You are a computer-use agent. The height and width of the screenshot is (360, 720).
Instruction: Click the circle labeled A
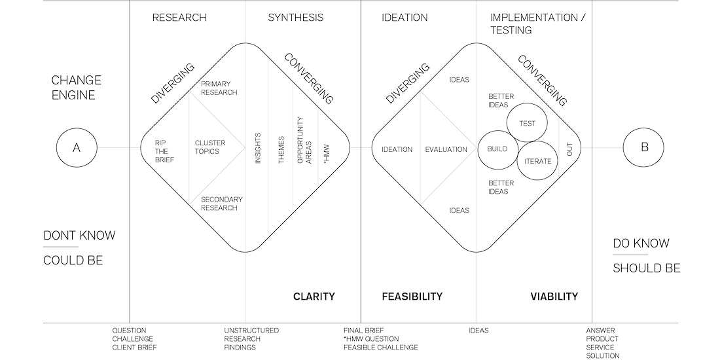[77, 148]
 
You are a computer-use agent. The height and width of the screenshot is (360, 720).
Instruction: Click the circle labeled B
[644, 148]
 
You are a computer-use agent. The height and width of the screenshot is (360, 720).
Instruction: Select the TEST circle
[527, 123]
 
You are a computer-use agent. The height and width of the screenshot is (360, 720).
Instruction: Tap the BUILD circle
[497, 149]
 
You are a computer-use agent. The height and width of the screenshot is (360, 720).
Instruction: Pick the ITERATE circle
[537, 161]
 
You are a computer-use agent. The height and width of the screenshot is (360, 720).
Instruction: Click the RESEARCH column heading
[179, 18]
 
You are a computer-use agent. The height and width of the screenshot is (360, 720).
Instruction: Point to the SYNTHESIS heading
[295, 18]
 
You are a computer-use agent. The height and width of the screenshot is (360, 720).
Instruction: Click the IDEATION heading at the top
[405, 18]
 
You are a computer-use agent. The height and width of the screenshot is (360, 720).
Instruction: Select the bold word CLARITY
[314, 297]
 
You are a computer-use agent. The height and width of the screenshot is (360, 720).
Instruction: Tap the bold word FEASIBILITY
[412, 297]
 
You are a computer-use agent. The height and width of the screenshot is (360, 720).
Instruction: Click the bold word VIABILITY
[554, 297]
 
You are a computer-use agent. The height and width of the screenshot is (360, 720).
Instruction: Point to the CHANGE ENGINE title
[77, 88]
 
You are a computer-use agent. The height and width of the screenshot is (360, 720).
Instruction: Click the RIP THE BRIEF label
[164, 151]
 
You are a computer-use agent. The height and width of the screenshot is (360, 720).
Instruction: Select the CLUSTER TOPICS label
[210, 147]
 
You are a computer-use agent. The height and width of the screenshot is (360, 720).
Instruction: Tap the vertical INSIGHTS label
[258, 148]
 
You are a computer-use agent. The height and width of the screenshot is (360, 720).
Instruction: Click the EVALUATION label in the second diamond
[446, 149]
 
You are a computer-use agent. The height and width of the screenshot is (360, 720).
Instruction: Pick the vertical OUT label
[569, 149]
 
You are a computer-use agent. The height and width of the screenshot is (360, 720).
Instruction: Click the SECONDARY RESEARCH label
[221, 204]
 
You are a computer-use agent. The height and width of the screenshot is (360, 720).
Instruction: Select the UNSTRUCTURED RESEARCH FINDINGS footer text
[251, 339]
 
